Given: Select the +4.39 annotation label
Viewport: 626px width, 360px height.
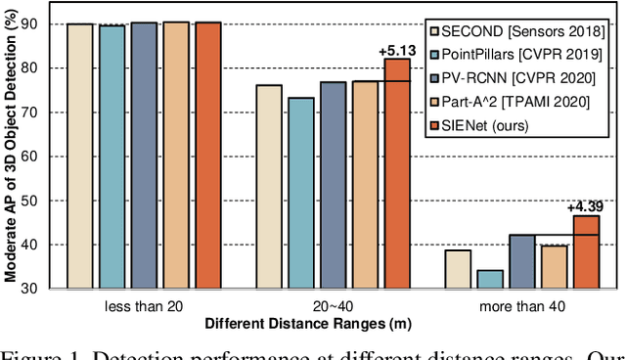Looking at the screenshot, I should point(586,206).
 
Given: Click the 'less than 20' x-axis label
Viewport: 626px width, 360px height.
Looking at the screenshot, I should point(143,305).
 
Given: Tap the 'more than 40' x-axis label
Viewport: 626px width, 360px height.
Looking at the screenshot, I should point(522,305).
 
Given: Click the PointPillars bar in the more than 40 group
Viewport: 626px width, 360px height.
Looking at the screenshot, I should point(490,279).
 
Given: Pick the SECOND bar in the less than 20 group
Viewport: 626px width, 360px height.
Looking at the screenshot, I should point(79,156).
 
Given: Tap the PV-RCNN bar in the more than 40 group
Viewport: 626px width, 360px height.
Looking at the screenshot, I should point(522,261).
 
